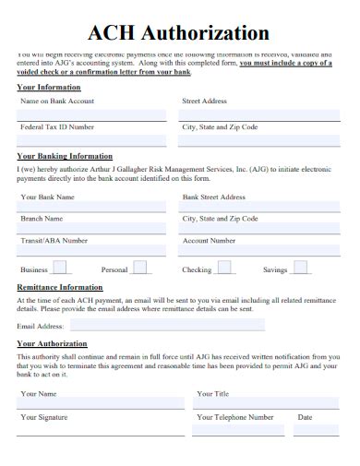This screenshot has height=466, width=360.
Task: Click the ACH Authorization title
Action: coord(179,33)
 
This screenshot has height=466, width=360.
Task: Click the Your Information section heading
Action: coord(49,87)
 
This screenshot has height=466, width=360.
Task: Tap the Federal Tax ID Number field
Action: coord(92,140)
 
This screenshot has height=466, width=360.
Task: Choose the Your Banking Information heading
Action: coord(65,156)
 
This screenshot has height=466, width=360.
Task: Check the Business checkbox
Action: coord(60,269)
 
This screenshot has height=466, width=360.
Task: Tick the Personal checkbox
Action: coord(139,269)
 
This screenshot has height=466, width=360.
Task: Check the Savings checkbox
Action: coord(301,269)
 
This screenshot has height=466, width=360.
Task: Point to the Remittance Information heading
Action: coord(60,288)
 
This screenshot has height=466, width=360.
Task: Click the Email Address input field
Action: coord(166,326)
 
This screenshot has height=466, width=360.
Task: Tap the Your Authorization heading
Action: coord(52,343)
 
